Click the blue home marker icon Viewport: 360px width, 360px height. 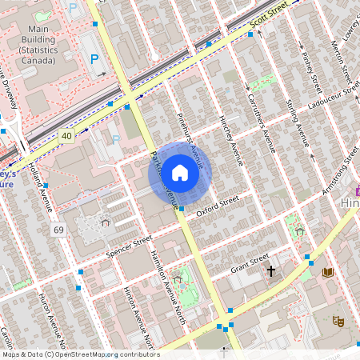point(180,172)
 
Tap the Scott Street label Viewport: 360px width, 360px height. point(268,17)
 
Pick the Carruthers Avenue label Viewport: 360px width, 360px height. point(261,121)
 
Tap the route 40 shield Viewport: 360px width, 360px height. point(66,136)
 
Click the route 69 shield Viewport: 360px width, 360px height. point(58,230)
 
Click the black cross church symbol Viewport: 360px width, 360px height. point(270,272)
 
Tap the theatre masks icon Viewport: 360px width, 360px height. point(338,320)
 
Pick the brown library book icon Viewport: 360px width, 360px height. point(327,273)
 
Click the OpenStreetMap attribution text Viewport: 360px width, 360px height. point(81,354)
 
